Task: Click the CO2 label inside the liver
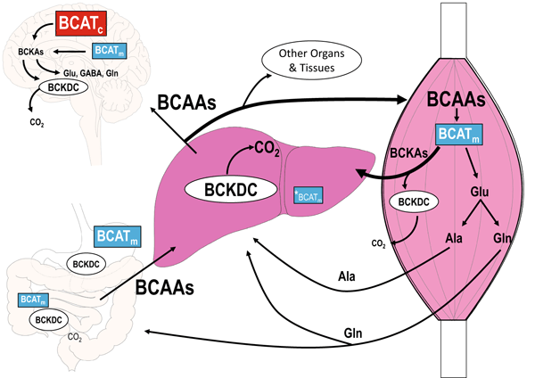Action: click(268, 149)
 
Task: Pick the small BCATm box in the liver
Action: click(309, 193)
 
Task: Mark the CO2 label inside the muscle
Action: click(380, 241)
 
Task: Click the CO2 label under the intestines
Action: click(76, 337)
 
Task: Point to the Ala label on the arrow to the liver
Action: click(346, 276)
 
